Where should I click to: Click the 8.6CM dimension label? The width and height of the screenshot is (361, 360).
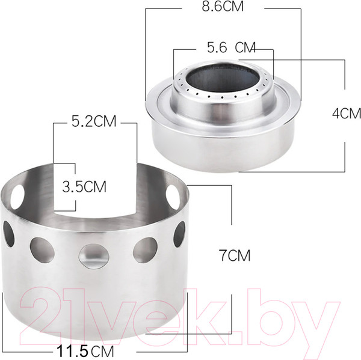tap(223, 7)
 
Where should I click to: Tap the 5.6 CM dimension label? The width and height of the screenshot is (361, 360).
tap(231, 47)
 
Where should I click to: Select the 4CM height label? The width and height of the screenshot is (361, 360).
tap(347, 114)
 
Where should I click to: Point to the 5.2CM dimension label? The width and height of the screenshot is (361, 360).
tap(94, 121)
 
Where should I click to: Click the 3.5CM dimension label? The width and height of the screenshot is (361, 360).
tap(84, 186)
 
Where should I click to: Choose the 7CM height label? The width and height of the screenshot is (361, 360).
tap(235, 255)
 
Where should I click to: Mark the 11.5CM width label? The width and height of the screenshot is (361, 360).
tap(85, 351)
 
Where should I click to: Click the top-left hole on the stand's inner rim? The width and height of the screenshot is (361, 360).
tap(17, 197)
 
